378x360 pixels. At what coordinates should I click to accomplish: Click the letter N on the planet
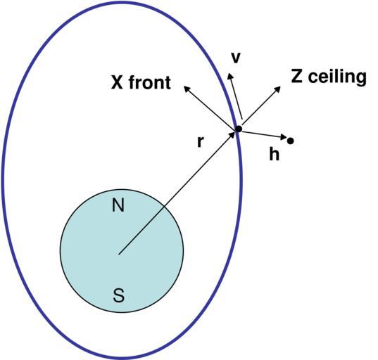118,205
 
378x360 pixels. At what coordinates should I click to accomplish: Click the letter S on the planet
118,295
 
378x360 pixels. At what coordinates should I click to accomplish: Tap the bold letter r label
201,142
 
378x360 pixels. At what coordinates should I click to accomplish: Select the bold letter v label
236,58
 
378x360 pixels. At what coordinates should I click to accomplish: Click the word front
150,82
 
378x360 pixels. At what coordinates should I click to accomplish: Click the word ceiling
337,77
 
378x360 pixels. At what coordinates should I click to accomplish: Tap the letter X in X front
117,82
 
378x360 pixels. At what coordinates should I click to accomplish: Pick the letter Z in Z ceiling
297,76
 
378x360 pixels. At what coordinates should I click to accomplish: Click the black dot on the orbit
239,129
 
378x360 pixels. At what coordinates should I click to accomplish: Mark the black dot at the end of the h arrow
291,141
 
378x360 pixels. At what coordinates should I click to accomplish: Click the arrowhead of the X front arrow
187,89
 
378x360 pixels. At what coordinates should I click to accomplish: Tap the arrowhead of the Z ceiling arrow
278,89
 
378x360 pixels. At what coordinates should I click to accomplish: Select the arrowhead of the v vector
230,75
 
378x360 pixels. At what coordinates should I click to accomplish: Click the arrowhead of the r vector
232,134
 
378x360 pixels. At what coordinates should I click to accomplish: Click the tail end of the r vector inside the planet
119,254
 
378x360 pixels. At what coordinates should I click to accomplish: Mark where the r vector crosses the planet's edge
164,207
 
